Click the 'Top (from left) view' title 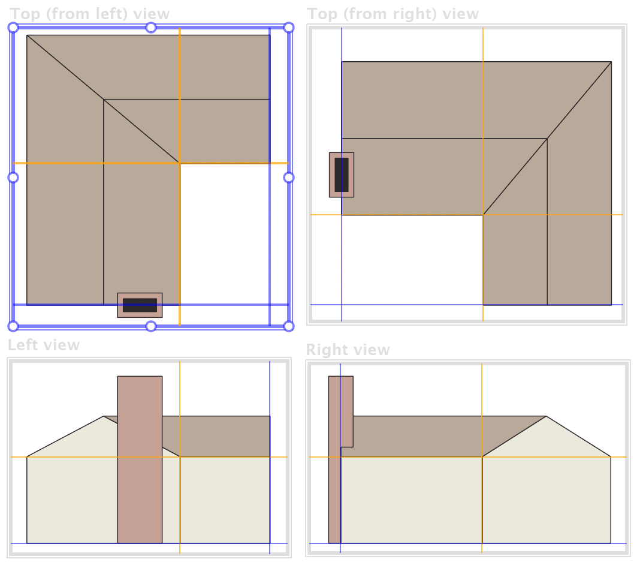[x=89, y=14]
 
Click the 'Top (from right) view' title [x=393, y=14]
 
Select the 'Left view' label [x=44, y=345]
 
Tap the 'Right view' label [x=348, y=350]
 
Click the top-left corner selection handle [x=13, y=28]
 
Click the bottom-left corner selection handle [x=13, y=326]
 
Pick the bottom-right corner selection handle [x=289, y=326]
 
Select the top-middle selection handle [x=151, y=28]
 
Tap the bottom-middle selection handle [x=151, y=326]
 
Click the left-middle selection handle [x=13, y=178]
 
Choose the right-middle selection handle [x=289, y=178]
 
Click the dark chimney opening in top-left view [x=140, y=305]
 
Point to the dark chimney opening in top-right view [x=342, y=175]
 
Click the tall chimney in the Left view [x=140, y=459]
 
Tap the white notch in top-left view [x=225, y=234]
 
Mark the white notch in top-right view [x=412, y=260]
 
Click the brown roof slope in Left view [x=216, y=436]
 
